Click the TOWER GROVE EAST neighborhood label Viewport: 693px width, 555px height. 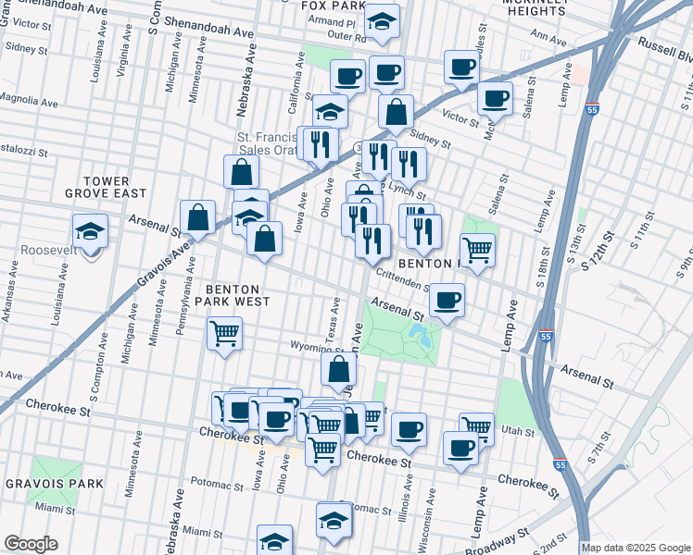tap(105, 187)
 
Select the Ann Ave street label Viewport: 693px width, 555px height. tap(548, 40)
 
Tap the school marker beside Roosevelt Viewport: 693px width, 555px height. tap(90, 231)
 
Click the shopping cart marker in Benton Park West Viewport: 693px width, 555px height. tap(225, 333)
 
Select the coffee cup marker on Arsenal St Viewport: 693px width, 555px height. tap(447, 300)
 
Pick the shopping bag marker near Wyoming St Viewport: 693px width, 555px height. tap(338, 370)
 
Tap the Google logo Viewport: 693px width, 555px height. tap(31, 544)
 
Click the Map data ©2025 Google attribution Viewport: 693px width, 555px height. tap(636, 548)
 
